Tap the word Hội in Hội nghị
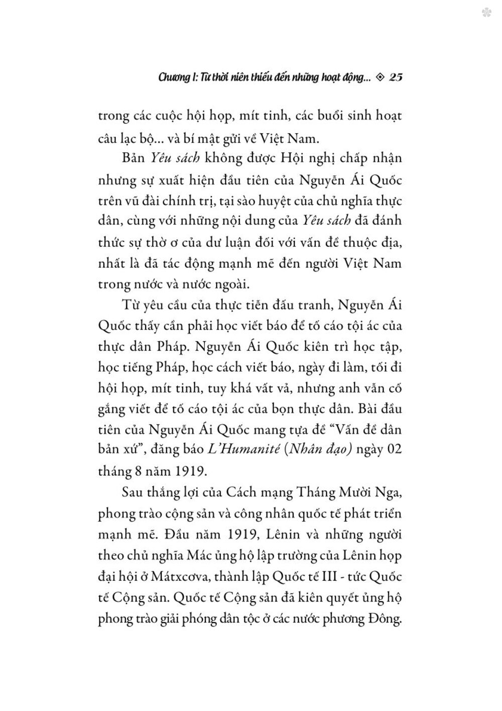(279, 157)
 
